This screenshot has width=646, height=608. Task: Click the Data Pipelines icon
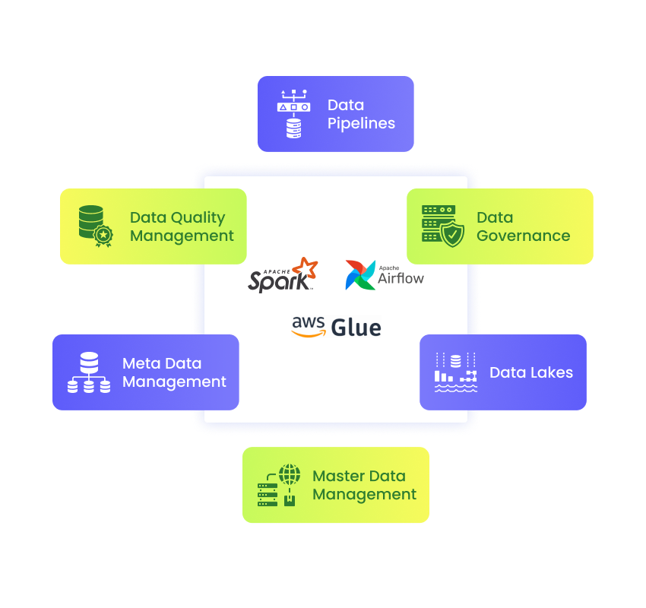pos(294,114)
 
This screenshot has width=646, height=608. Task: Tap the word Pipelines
pos(361,124)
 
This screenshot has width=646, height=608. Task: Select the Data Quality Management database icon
pos(96,226)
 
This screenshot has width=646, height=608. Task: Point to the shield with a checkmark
pos(452,233)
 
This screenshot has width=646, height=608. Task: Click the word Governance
pos(523,236)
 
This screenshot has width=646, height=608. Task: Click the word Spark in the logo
pos(278,282)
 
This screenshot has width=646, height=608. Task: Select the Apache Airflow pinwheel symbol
pos(360,275)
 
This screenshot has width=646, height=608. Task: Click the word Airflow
pos(401,279)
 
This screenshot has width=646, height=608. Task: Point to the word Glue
pos(356,328)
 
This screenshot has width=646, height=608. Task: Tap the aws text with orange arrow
pos(308,326)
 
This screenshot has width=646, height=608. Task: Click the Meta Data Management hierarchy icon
pos(89,372)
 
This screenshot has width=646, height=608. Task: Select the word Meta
pos(141,363)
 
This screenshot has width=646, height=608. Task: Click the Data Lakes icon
pos(456,372)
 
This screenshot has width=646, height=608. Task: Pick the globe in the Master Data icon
pos(290,474)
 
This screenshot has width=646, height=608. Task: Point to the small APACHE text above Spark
pos(277,271)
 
